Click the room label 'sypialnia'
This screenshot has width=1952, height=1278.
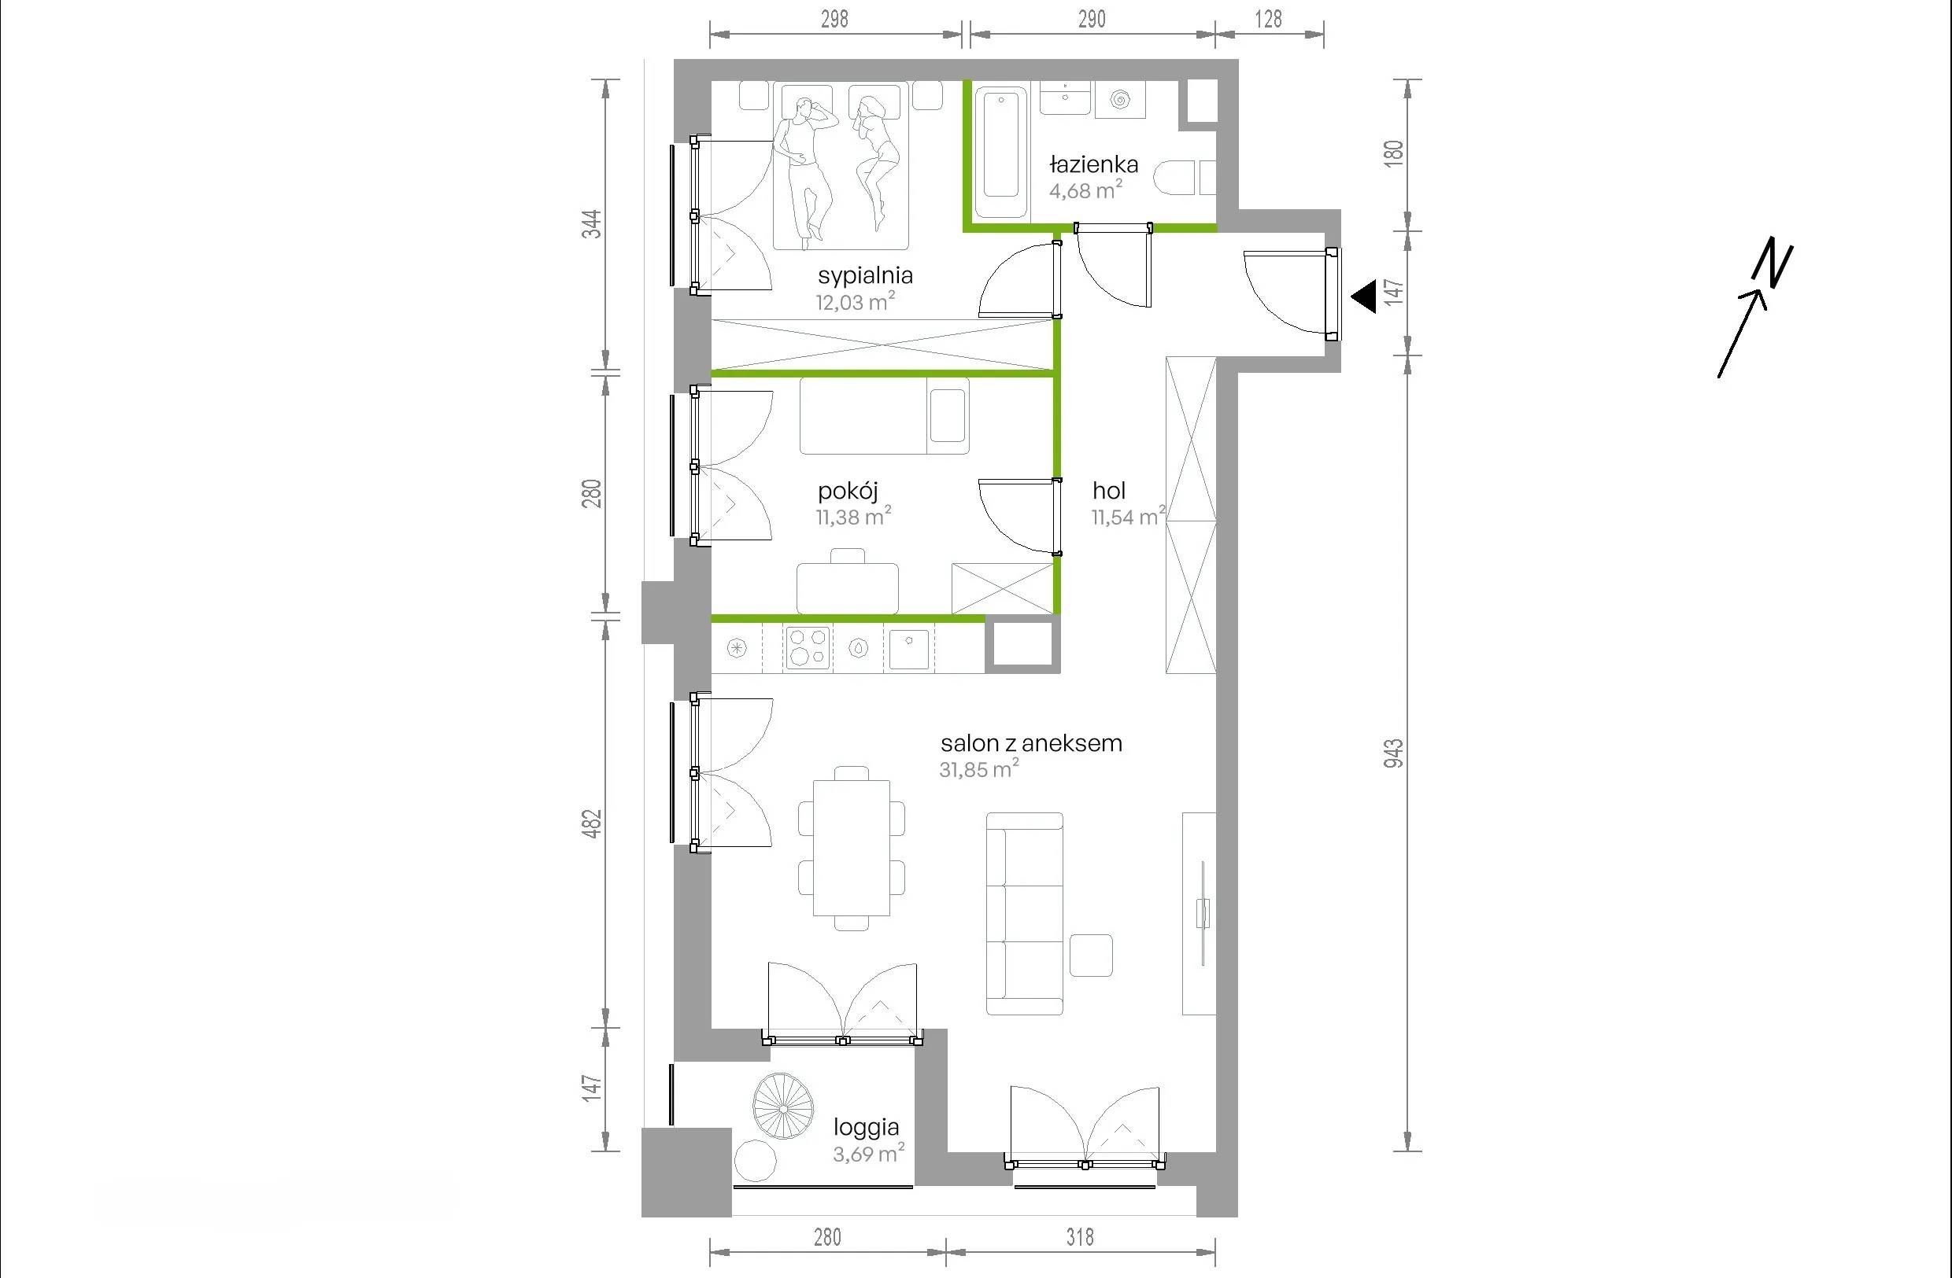tap(865, 275)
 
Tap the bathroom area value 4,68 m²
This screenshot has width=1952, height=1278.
tap(1086, 190)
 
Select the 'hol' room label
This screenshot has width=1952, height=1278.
tap(1109, 491)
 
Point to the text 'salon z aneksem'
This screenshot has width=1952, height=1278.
tap(1031, 743)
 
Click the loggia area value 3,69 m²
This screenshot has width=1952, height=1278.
tap(868, 1154)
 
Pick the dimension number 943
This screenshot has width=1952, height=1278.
tap(1393, 753)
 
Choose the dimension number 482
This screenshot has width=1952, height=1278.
tap(591, 823)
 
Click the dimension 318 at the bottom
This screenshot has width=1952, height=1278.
tap(1080, 1237)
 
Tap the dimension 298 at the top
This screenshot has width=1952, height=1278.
tap(834, 19)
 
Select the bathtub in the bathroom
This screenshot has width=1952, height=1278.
tap(1000, 154)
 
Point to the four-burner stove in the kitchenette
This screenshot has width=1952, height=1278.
tap(808, 648)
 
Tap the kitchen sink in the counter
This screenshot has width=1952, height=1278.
tap(909, 648)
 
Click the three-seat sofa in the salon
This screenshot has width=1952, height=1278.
tap(1024, 914)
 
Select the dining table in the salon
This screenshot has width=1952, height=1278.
tap(852, 848)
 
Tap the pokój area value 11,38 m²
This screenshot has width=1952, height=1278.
tap(853, 517)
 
